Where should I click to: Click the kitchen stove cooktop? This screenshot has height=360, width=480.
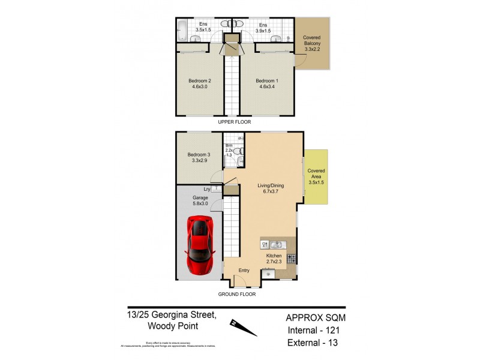tap(291, 259)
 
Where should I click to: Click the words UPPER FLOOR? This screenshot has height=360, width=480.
tap(235, 122)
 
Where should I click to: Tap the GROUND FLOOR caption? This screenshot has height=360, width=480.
tap(236, 294)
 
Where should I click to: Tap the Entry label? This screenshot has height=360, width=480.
tap(244, 271)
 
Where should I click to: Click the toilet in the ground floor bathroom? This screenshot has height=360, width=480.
tap(239, 151)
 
